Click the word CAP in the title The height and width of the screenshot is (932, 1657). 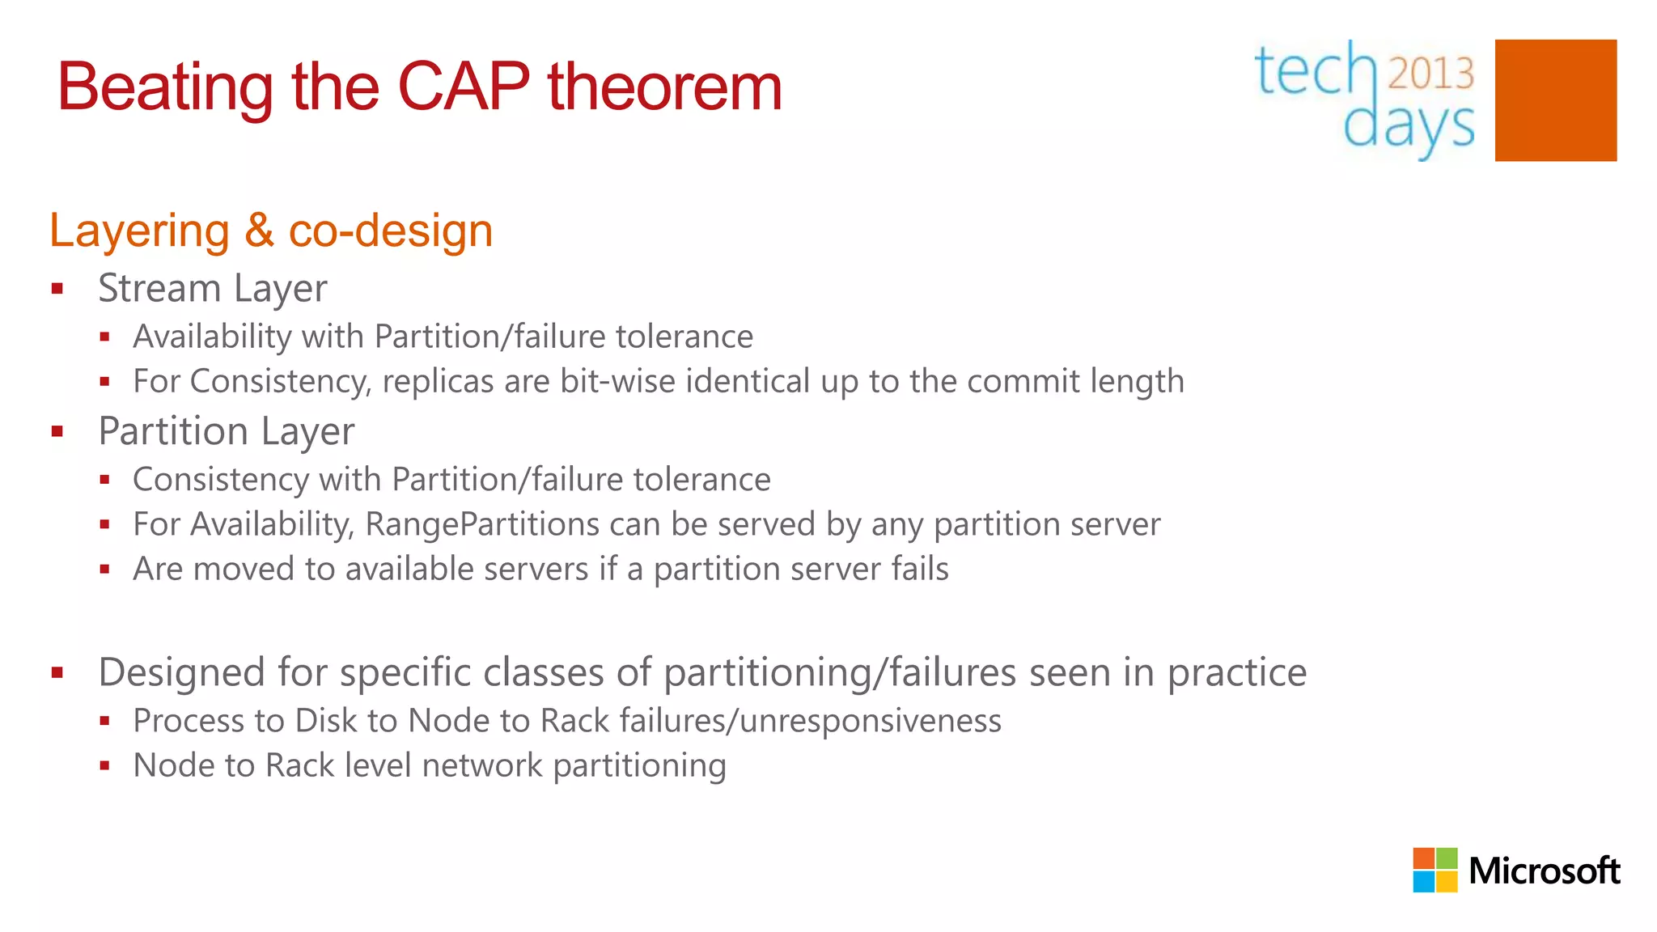click(464, 87)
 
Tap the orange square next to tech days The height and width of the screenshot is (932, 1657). click(1555, 100)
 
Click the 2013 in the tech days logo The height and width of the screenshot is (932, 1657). click(1431, 74)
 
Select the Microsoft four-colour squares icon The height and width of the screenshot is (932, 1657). click(1435, 870)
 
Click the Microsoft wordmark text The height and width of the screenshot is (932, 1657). click(1544, 871)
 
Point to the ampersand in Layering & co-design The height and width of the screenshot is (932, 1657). click(259, 231)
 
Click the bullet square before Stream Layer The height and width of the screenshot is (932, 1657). click(57, 289)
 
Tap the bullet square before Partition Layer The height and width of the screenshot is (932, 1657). click(57, 431)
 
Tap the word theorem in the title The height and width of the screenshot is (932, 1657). click(664, 87)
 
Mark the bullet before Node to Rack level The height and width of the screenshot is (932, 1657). click(104, 765)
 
